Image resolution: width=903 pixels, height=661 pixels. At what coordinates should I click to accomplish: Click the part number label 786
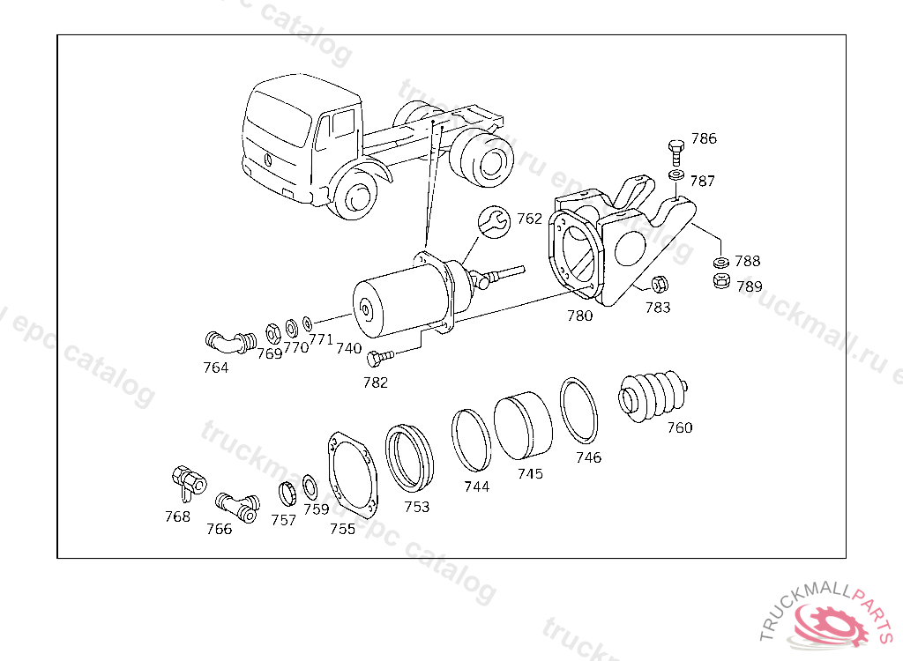(704, 138)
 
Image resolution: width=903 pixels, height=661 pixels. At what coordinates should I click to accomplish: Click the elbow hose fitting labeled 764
(228, 341)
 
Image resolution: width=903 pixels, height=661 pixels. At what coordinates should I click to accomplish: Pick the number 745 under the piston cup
(530, 473)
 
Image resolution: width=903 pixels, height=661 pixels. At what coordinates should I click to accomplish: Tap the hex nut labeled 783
(658, 285)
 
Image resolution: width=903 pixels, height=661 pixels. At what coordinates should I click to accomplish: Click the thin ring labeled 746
(580, 411)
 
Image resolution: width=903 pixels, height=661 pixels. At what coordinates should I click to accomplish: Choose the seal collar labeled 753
(410, 457)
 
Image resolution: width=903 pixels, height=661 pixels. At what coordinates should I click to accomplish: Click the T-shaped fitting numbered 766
(236, 505)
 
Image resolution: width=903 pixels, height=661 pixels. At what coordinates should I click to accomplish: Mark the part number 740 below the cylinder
(348, 348)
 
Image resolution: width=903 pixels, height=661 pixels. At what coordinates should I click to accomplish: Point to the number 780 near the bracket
(579, 316)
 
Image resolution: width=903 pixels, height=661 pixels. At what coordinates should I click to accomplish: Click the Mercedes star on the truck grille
(266, 160)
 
